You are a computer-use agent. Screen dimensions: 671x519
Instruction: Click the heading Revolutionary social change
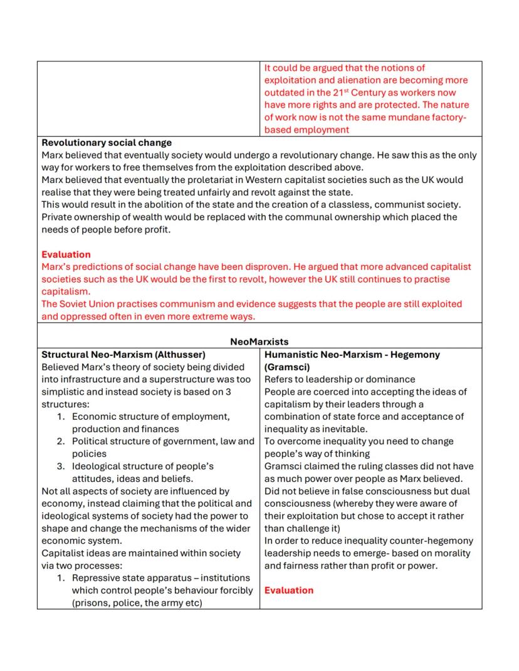107,143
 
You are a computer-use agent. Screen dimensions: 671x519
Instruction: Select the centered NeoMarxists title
259,341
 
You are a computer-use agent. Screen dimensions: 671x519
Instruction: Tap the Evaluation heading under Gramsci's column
289,590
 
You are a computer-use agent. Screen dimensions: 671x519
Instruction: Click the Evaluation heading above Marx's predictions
66,254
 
